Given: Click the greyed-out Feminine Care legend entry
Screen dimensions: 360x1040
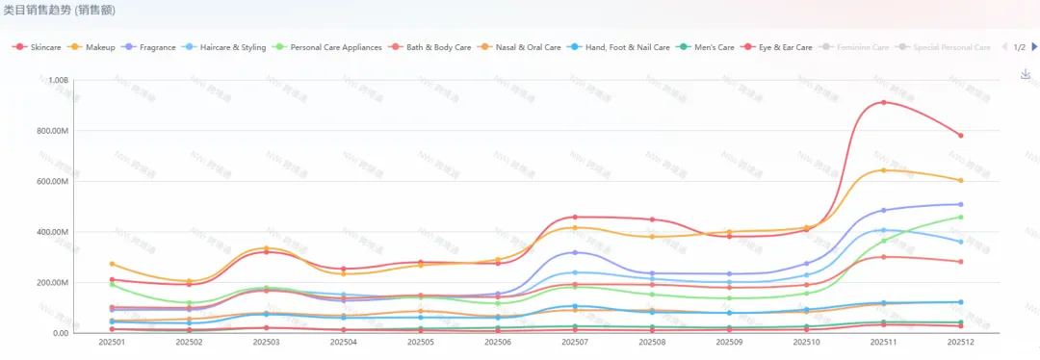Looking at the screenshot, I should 863,46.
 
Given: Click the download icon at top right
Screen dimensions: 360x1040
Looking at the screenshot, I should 1026,74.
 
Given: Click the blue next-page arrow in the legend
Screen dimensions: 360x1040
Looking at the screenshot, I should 1034,46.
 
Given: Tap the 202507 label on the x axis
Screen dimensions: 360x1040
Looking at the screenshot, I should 575,342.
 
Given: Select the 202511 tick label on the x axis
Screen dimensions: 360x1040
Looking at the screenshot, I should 883,342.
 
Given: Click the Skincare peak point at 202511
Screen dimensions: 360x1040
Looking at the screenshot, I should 883,102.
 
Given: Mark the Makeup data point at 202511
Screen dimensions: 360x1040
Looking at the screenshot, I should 883,170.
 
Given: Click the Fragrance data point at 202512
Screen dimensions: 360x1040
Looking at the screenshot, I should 960,204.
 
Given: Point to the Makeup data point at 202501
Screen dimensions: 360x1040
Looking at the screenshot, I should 112,264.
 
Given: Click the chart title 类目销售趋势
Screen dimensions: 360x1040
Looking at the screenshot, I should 39,10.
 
